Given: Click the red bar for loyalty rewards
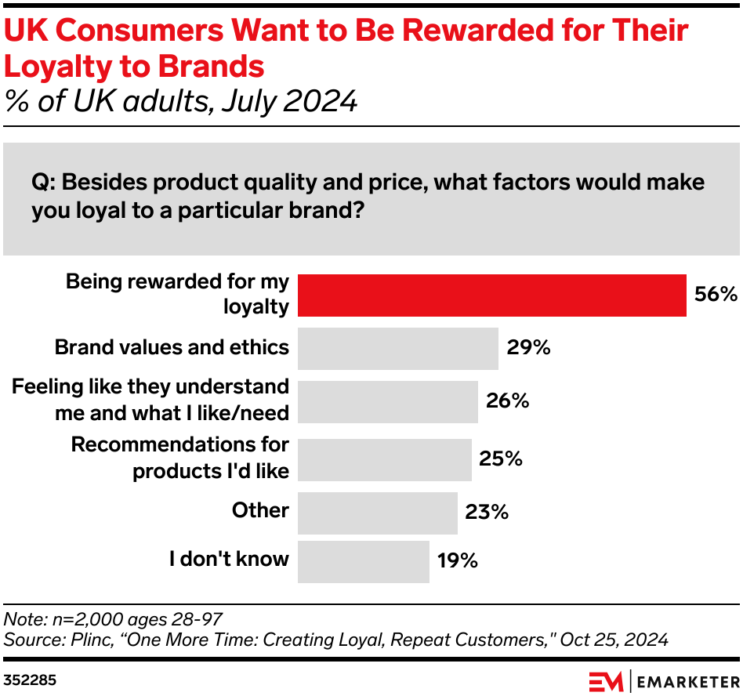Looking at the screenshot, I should tap(492, 295).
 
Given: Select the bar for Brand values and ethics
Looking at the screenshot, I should tap(398, 348).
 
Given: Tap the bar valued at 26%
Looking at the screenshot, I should tap(388, 401).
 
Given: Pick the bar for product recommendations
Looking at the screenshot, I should tap(385, 459).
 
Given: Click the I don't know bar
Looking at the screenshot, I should tap(364, 561).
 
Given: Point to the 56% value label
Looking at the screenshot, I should tap(716, 295).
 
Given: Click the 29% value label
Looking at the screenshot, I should tap(528, 348).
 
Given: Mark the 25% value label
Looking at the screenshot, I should tap(501, 459).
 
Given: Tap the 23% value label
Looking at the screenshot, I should tap(487, 513).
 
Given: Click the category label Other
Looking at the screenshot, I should tap(260, 511).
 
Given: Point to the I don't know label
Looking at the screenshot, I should tap(230, 560).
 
